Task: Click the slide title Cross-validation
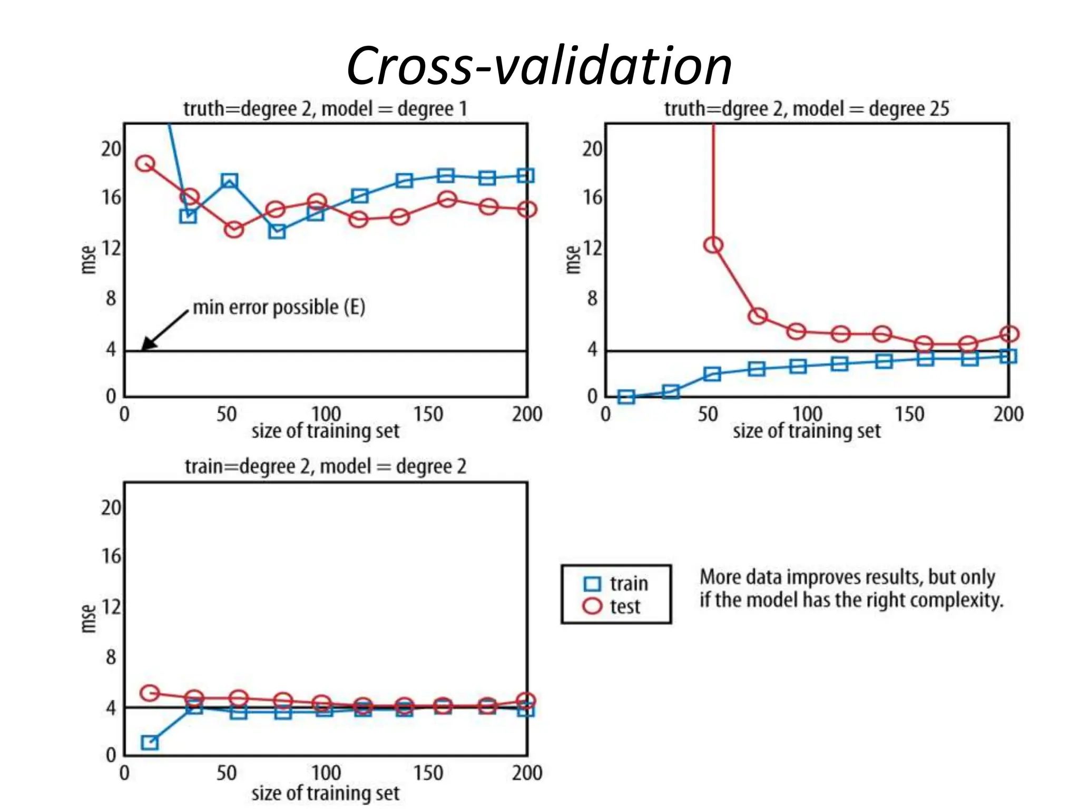point(539,66)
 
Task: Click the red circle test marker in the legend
point(592,606)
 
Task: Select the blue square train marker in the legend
point(592,584)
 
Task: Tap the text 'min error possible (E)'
point(279,307)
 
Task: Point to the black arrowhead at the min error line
point(147,344)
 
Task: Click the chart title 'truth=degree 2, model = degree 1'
point(325,109)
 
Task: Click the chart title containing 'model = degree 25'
point(806,109)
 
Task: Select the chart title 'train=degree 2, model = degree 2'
point(325,467)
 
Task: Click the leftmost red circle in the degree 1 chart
point(145,164)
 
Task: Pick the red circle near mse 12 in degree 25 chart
point(713,245)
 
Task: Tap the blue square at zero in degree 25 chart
point(626,397)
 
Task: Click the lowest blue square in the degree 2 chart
point(150,743)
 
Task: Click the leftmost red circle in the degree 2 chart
point(150,693)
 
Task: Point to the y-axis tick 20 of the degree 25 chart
point(592,149)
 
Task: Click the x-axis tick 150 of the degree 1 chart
point(428,415)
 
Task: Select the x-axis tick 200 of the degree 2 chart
point(526,773)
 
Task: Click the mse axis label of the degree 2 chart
point(89,618)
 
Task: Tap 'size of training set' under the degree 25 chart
point(806,431)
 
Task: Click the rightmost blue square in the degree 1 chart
point(525,175)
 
